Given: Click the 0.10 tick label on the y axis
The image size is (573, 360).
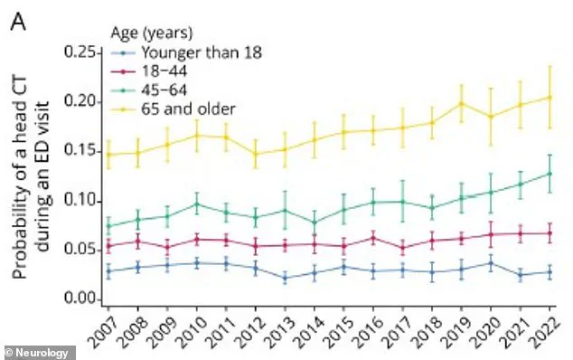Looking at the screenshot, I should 81,200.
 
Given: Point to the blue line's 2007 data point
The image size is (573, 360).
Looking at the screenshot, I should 108,270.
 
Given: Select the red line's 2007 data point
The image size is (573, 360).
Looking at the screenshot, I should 108,246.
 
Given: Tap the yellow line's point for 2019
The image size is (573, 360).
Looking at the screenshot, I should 461,103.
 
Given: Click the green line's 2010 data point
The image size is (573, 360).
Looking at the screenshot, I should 196,204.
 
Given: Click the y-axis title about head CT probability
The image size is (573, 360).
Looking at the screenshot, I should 33,176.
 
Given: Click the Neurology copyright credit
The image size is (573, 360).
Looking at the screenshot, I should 33,350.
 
